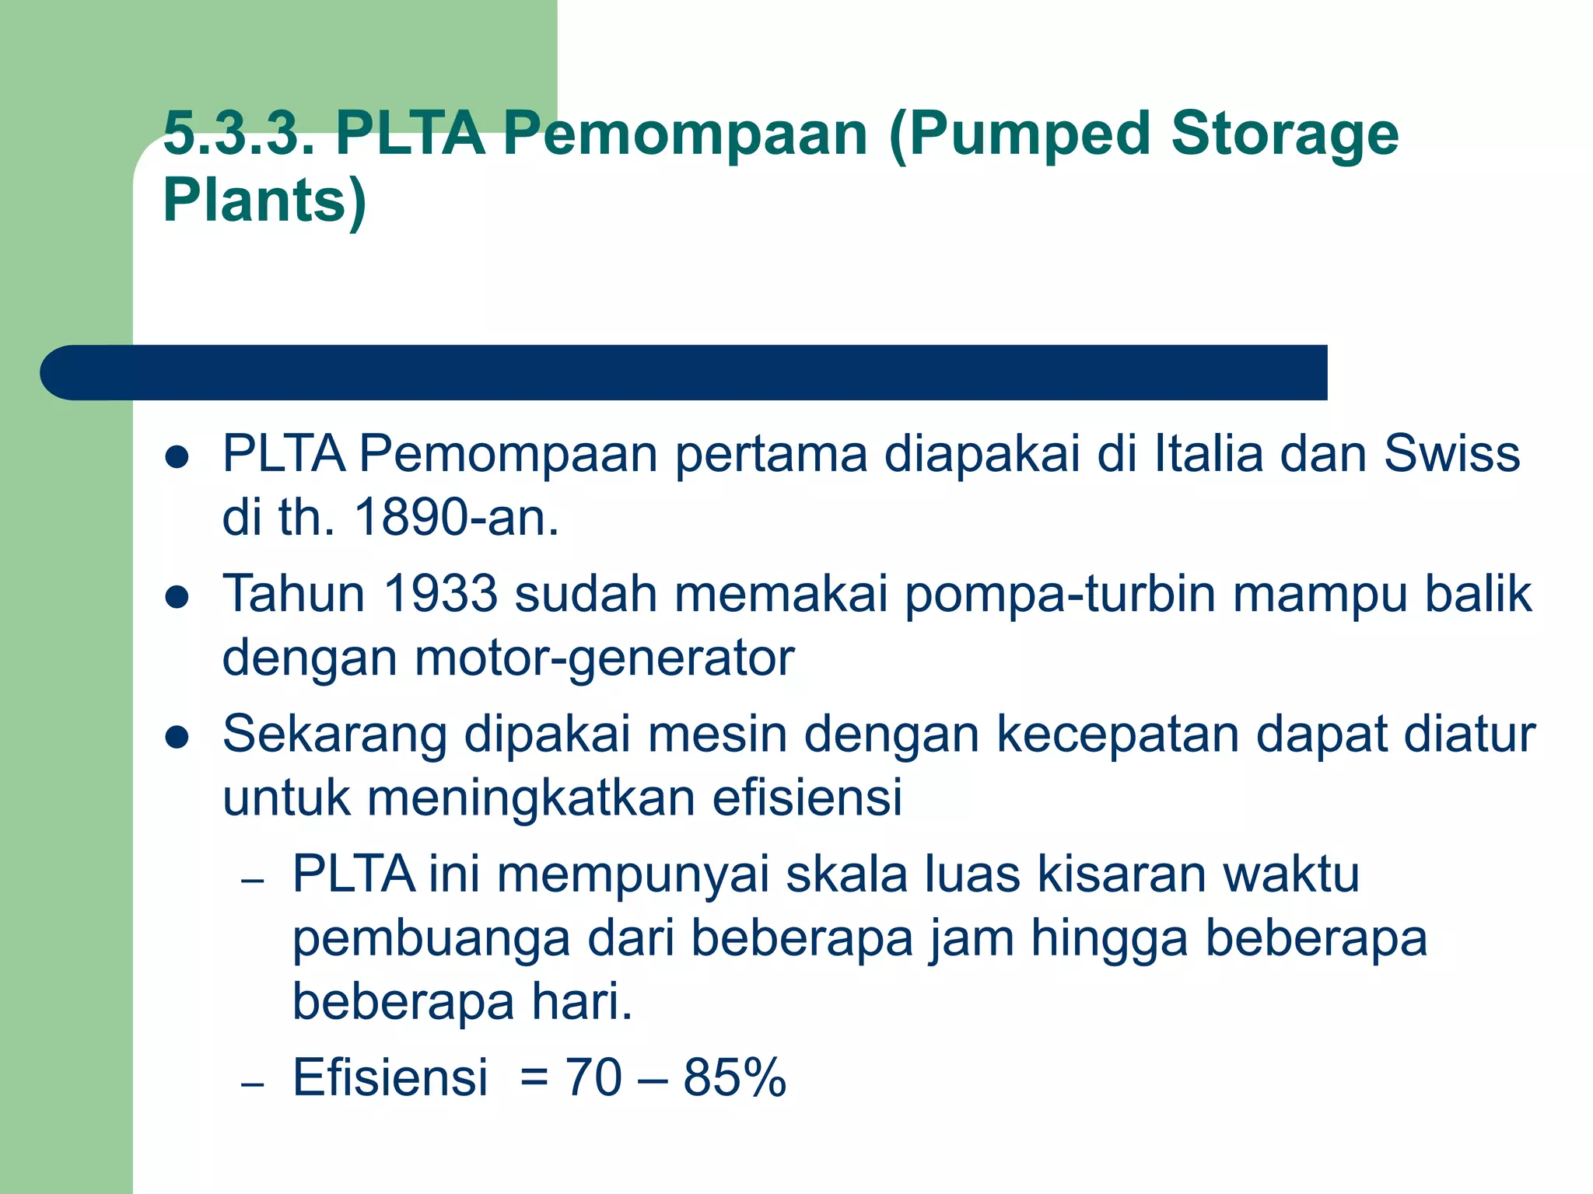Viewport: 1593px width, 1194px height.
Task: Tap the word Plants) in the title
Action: tap(264, 201)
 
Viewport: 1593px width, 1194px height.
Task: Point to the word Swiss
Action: tap(1451, 453)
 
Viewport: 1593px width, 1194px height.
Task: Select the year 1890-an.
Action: tap(457, 518)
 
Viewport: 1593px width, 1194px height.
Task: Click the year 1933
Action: tap(439, 594)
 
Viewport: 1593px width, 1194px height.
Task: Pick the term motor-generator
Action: tap(604, 659)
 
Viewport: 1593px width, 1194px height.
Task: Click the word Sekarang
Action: tap(334, 735)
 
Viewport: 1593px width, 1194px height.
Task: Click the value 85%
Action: tap(734, 1078)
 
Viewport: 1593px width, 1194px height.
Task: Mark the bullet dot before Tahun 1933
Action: tap(177, 597)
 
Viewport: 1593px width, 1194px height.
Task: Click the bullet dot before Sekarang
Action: tap(177, 737)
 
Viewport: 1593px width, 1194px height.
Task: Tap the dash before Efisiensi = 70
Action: tap(253, 1084)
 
